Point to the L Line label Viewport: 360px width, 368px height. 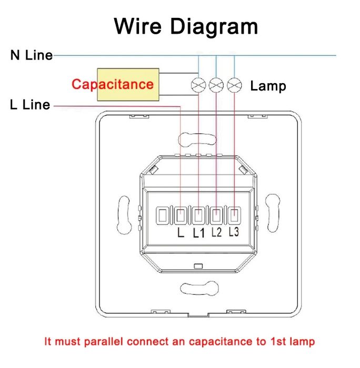tap(30, 104)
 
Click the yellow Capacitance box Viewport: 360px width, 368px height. tap(128, 84)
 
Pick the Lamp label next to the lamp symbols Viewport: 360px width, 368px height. tap(268, 86)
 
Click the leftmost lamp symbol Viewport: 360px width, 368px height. tap(198, 84)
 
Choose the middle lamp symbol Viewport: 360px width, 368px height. tap(216, 84)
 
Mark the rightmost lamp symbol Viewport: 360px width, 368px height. tap(234, 84)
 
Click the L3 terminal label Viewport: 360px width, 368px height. tap(234, 232)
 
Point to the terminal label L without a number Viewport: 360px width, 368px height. tap(181, 233)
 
